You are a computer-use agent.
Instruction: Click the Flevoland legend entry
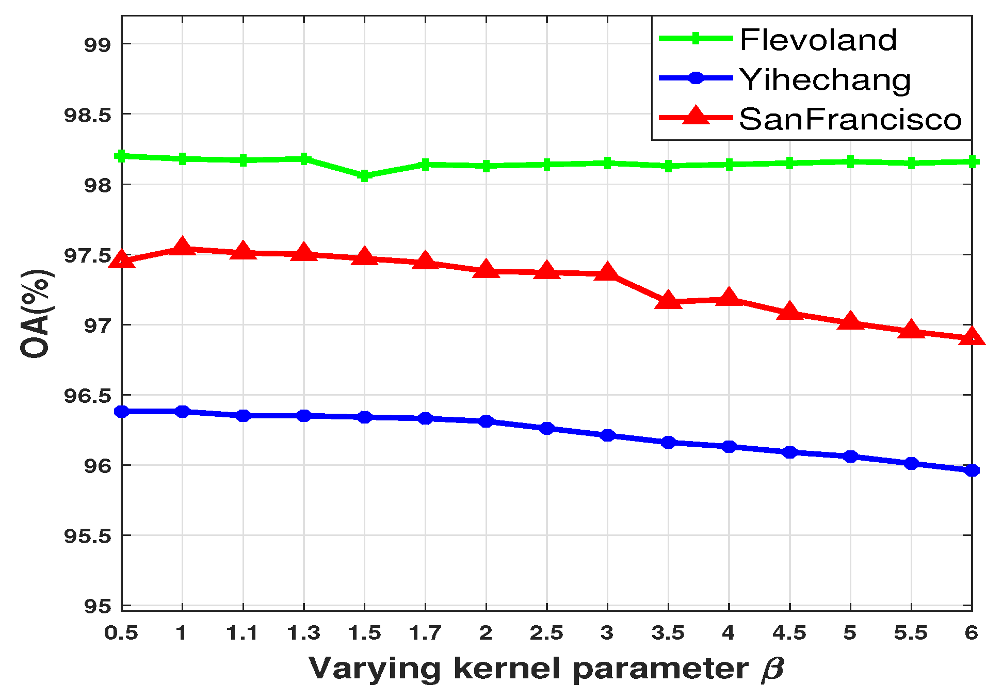tap(818, 40)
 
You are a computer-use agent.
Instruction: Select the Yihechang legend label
tap(825, 80)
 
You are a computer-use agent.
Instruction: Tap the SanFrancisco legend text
tap(850, 119)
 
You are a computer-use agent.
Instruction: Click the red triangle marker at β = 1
tap(182, 248)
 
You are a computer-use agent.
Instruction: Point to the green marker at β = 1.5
tap(364, 176)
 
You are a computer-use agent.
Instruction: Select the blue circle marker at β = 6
tap(972, 470)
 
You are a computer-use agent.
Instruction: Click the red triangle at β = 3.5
tap(668, 300)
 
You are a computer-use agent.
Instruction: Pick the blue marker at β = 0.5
tap(122, 411)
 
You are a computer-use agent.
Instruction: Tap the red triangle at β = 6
tap(972, 337)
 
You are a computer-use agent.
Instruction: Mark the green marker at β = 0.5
tap(122, 155)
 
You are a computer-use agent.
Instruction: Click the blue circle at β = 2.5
tap(546, 428)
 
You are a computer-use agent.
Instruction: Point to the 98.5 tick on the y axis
tap(87, 115)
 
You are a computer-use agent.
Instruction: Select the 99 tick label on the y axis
tap(98, 44)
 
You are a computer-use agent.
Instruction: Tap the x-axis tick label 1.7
tap(425, 632)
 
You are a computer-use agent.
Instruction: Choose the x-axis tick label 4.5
tap(789, 632)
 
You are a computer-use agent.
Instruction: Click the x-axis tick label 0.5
tap(121, 632)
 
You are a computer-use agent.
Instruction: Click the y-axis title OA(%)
tap(36, 314)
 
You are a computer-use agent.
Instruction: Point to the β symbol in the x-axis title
tap(772, 669)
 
